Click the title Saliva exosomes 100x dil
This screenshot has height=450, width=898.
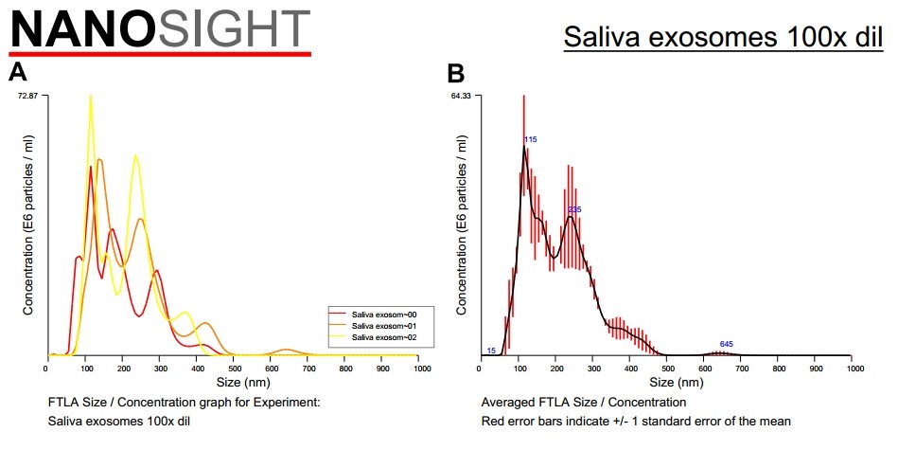coord(723,38)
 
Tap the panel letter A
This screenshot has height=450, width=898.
coord(17,72)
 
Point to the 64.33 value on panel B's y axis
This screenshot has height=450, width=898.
coord(461,96)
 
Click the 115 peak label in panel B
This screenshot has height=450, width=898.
coord(531,139)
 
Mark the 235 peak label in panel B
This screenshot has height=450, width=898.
coord(573,208)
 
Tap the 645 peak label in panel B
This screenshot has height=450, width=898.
coord(726,344)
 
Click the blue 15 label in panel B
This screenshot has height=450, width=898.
coord(491,351)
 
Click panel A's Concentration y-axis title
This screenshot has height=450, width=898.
coord(29,225)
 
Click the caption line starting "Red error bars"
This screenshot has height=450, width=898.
coord(636,420)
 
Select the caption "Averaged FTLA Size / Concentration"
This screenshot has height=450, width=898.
coord(584,403)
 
